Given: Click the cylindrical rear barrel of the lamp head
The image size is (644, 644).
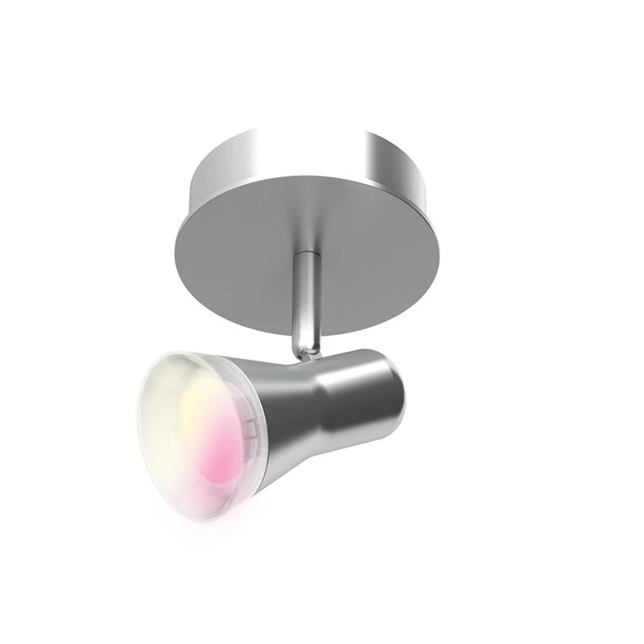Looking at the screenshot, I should click(378, 394).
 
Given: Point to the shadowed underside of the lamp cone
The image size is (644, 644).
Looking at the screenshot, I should click(306, 459).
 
